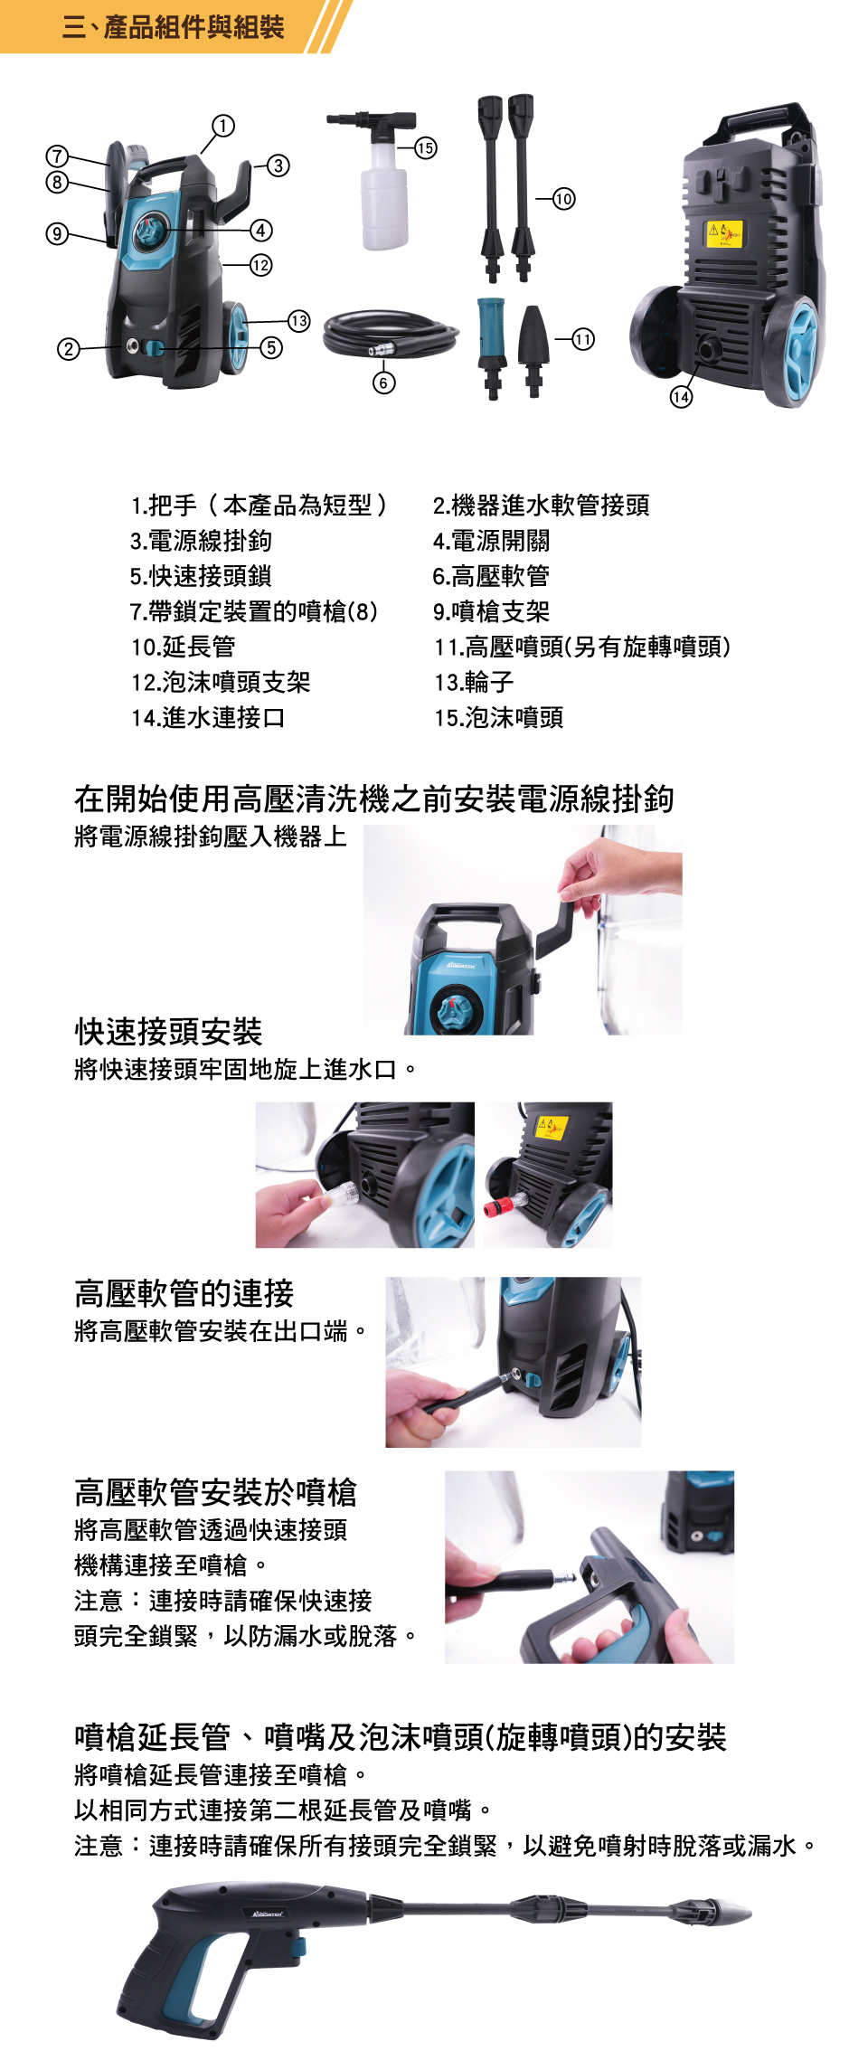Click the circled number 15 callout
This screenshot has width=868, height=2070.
[425, 147]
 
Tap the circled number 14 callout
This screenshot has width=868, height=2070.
[681, 396]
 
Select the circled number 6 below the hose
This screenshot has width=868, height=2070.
[383, 383]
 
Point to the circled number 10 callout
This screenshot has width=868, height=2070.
[563, 198]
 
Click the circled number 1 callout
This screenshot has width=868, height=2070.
[222, 125]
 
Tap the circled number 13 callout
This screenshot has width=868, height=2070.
[298, 320]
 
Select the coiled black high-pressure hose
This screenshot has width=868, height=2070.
[391, 334]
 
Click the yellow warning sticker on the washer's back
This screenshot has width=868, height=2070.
[724, 233]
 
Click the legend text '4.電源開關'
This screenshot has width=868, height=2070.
[491, 541]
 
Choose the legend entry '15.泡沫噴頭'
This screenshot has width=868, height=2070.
[499, 717]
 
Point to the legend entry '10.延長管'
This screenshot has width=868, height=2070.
[184, 647]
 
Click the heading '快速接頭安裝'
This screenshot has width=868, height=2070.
[168, 1031]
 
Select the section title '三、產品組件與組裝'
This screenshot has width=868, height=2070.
[174, 27]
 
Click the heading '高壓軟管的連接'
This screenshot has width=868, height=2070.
[184, 1293]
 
